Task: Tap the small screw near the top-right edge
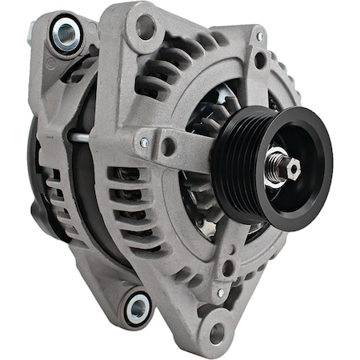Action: coord(258,37)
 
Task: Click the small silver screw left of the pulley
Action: coord(144,142)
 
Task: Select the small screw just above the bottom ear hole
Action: coord(221,293)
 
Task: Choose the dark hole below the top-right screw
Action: coord(260,59)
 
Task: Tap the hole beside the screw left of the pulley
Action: coord(167,146)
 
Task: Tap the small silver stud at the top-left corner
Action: coord(30,30)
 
